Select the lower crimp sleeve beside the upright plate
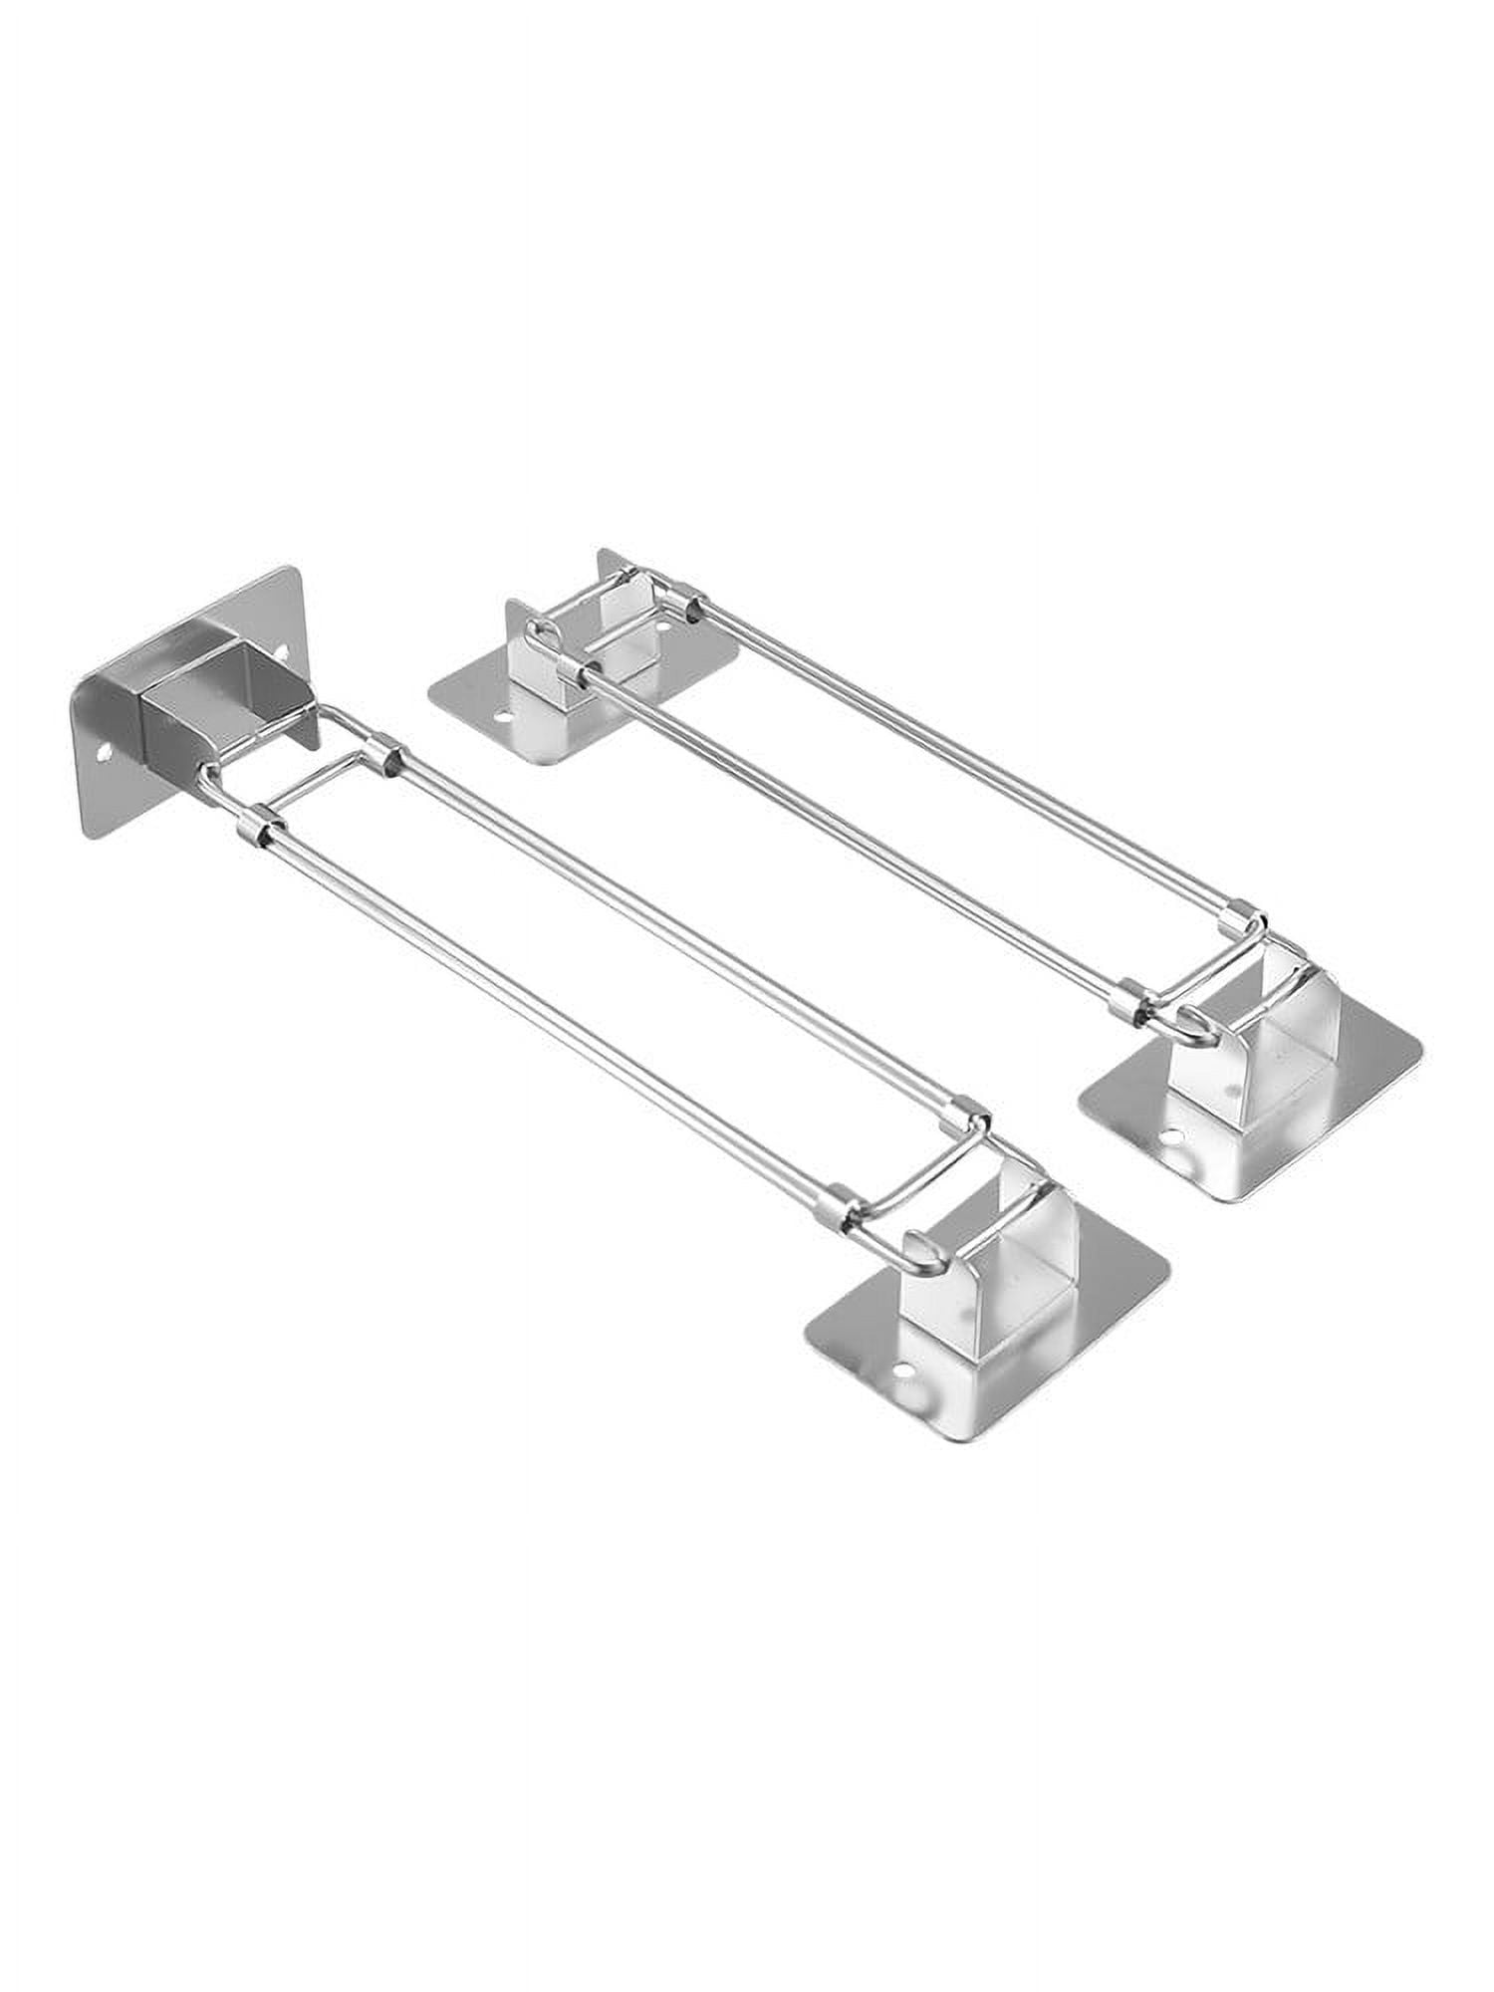pyautogui.click(x=252, y=830)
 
